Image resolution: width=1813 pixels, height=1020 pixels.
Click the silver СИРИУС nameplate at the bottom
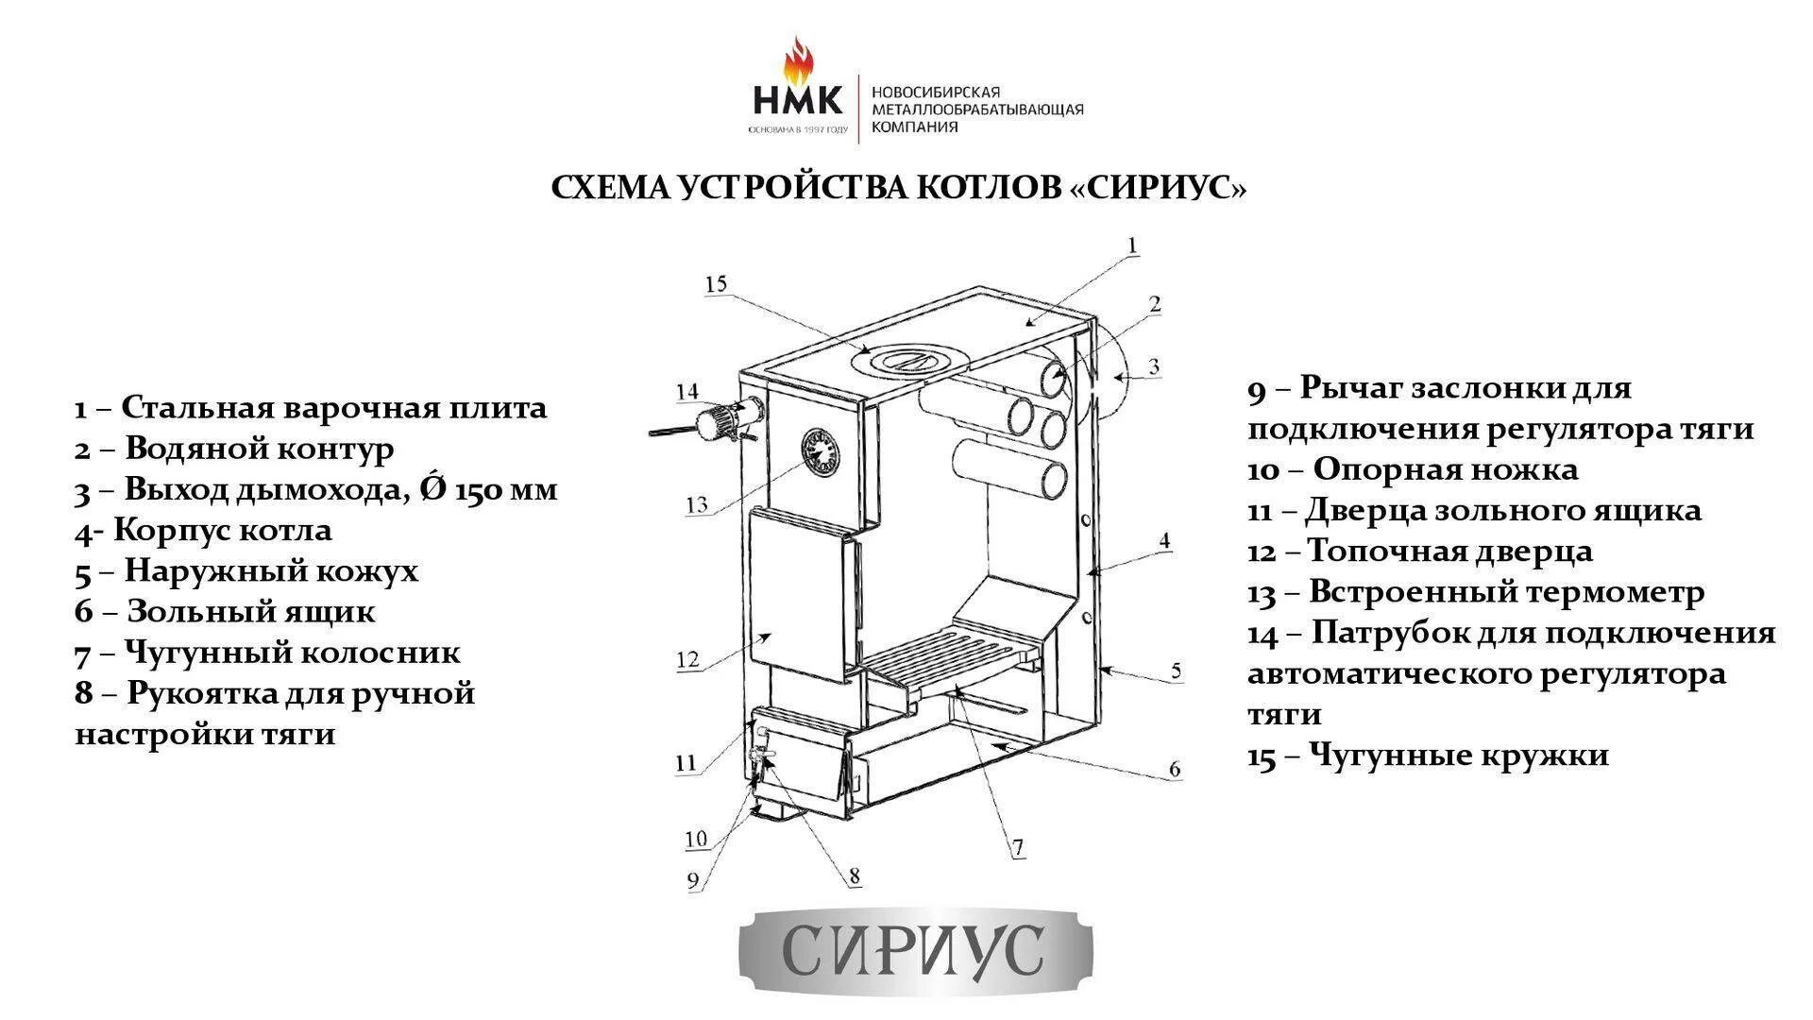coord(914,948)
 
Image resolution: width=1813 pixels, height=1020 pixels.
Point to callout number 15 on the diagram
coord(716,283)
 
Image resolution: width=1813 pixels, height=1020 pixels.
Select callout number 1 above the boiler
coord(1133,246)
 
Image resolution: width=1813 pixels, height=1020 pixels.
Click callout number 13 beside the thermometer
coord(697,504)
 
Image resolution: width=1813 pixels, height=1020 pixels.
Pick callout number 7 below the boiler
coord(1018,848)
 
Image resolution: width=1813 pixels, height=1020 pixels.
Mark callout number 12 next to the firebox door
coord(687,658)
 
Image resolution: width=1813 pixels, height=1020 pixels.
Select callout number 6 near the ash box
coord(1174,769)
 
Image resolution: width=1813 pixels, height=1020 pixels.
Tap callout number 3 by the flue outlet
coord(1153,366)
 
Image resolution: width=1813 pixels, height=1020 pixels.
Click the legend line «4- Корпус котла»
coord(204,530)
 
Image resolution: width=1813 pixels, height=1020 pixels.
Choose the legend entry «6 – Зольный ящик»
coord(225,611)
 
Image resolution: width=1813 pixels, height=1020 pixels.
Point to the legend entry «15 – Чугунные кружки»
coord(1428,755)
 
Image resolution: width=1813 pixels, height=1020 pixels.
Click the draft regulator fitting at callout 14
coord(727,420)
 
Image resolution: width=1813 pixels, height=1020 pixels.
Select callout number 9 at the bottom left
coord(694,880)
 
